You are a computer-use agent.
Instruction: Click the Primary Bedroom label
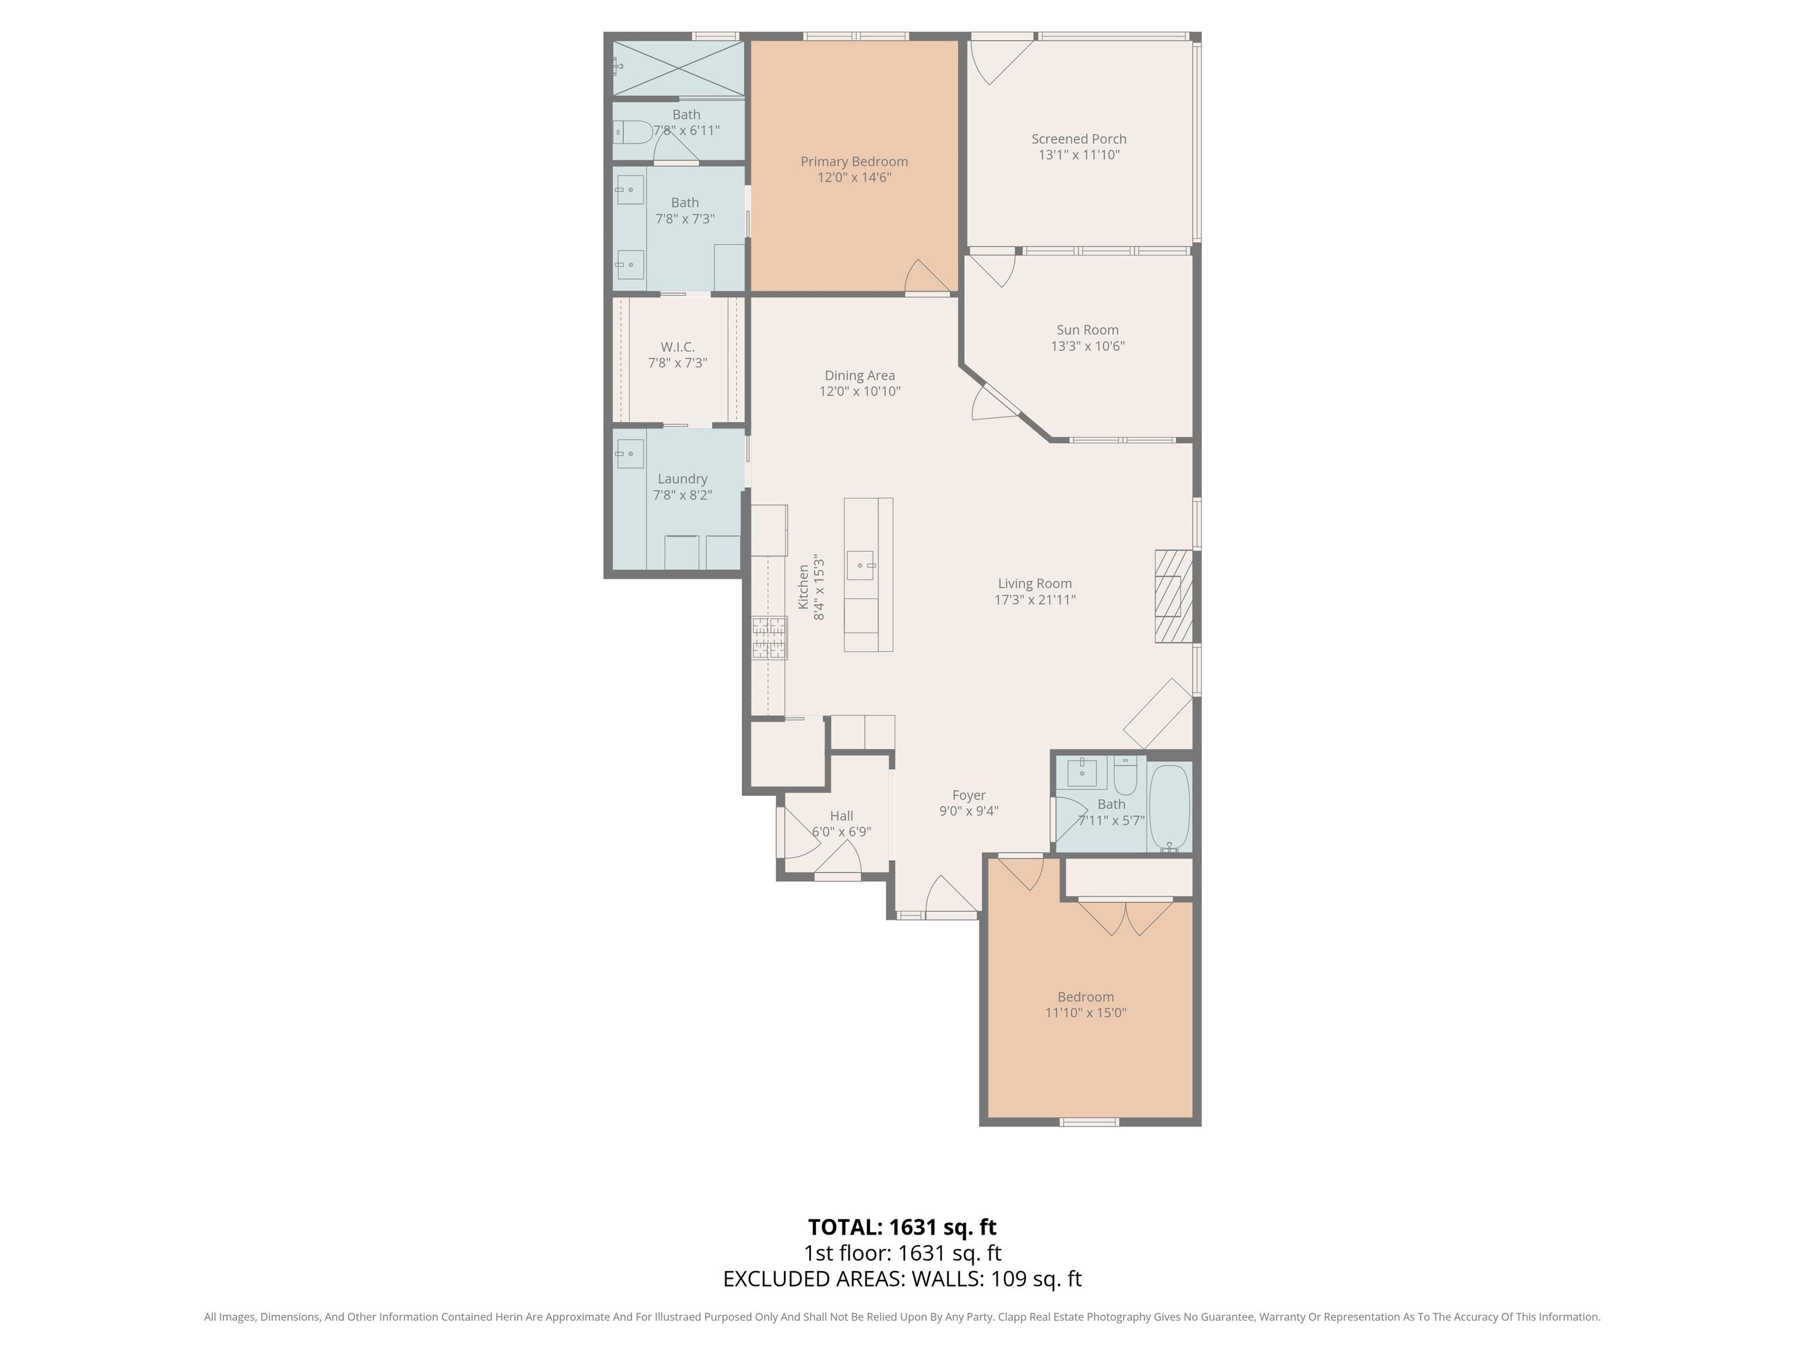(x=854, y=162)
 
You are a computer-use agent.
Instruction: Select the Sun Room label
(x=1087, y=330)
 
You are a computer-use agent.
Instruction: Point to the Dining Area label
(x=859, y=376)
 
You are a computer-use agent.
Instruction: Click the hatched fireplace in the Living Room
(x=1173, y=596)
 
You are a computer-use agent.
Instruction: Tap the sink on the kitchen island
(x=861, y=565)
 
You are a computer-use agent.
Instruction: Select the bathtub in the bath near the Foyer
(x=1169, y=806)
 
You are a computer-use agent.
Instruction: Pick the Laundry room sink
(x=629, y=454)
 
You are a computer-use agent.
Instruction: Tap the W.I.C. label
(x=677, y=347)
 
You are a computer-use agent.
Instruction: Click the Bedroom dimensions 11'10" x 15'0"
(x=1085, y=1013)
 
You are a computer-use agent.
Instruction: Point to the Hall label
(x=841, y=815)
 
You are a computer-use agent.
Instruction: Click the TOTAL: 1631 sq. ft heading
(x=902, y=1226)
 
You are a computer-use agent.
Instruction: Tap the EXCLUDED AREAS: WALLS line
(x=902, y=1279)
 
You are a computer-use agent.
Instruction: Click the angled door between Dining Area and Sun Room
(x=994, y=403)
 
